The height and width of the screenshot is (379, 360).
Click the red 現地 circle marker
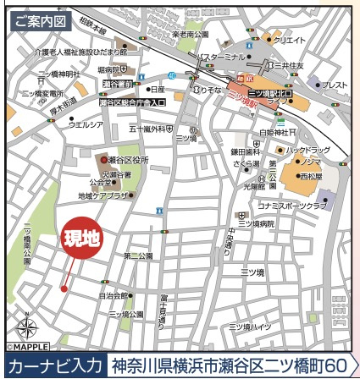pyautogui.click(x=83, y=239)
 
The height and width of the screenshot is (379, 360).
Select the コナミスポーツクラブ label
pyautogui.click(x=292, y=206)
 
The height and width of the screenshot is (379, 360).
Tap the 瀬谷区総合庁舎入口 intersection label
pyautogui.click(x=132, y=102)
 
